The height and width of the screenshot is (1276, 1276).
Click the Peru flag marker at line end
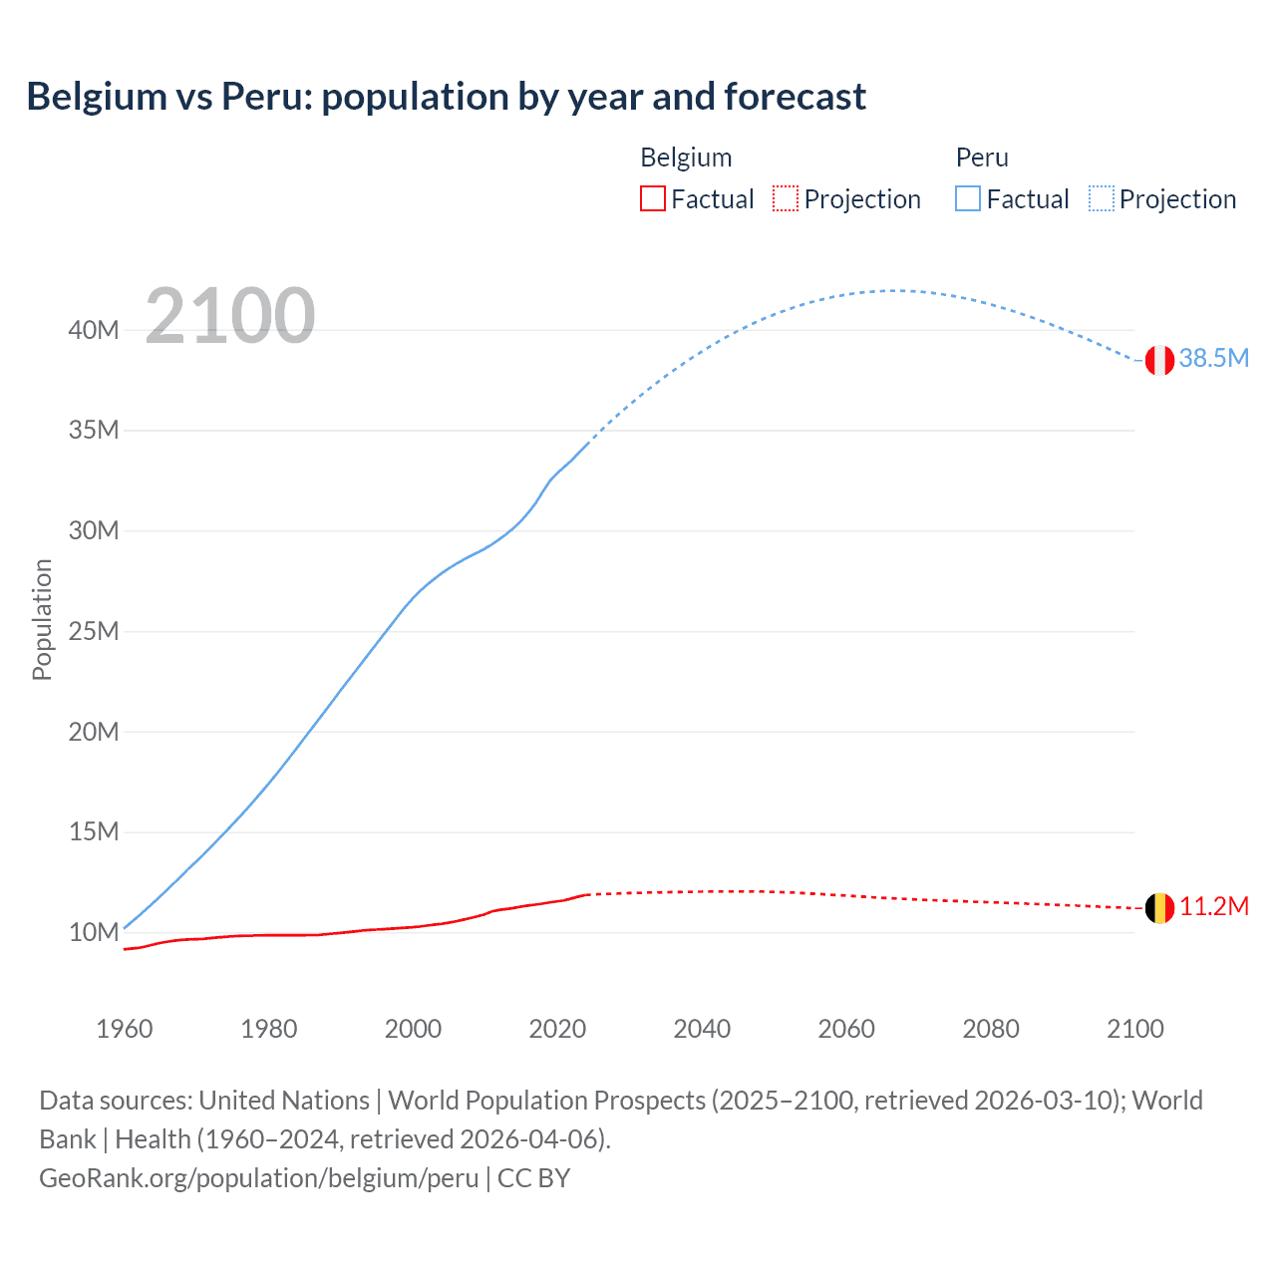point(1159,360)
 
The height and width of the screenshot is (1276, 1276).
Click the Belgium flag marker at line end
point(1159,908)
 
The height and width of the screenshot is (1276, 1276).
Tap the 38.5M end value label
point(1213,359)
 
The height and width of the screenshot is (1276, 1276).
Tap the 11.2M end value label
point(1213,907)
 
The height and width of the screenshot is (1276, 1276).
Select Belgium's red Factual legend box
point(652,198)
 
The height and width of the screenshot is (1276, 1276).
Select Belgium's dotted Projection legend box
point(786,198)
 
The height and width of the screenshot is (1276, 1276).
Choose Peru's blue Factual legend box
point(967,198)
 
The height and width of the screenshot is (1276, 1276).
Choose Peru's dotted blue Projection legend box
point(1102,198)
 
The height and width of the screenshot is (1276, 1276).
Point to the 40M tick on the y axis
point(94,330)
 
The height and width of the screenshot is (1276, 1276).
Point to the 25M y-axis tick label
point(94,632)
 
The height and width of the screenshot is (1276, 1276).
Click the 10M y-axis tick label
point(94,933)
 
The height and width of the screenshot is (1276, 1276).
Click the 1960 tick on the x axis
point(125,1029)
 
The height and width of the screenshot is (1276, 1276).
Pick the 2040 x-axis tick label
point(702,1029)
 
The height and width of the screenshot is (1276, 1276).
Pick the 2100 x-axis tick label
point(1134,1029)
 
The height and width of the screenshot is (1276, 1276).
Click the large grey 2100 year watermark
point(230,316)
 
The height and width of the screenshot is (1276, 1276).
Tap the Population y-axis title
point(42,619)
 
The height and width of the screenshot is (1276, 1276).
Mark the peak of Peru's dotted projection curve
point(894,290)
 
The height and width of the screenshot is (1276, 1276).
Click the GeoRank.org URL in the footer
point(259,1178)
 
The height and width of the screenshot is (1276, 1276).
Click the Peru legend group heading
point(982,158)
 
